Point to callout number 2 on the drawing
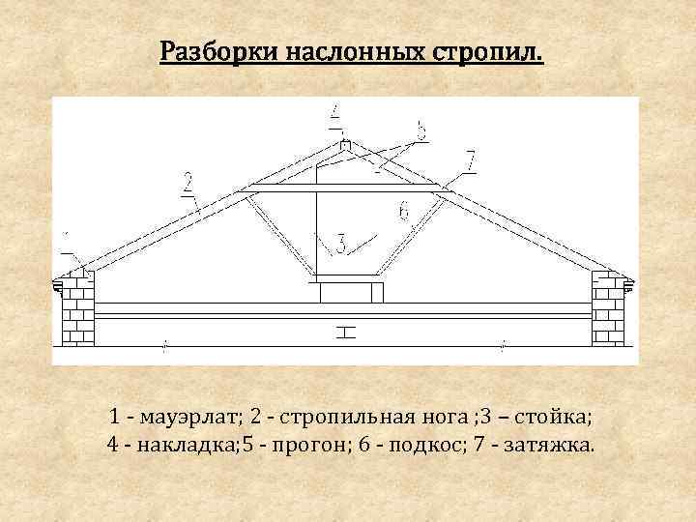[x=187, y=181]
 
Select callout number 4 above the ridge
[x=334, y=116]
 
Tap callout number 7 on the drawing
[x=470, y=161]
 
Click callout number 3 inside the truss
[x=339, y=243]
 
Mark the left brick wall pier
[x=78, y=309]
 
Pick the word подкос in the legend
[x=430, y=446]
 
